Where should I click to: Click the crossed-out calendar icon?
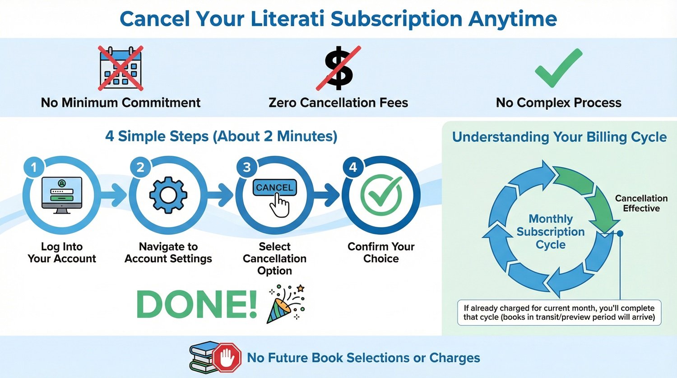(121, 68)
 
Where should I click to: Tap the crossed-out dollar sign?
(338, 68)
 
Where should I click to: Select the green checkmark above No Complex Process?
(558, 68)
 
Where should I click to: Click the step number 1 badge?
(33, 168)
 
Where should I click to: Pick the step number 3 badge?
(246, 168)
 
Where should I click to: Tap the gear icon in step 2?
(168, 195)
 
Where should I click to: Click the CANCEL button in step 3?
(274, 188)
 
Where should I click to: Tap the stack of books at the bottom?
(202, 358)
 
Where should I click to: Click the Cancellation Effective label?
(641, 203)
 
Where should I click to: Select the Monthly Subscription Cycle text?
(551, 232)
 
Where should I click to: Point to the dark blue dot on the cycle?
(620, 233)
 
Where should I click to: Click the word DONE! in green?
(196, 304)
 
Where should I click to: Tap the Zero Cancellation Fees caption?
(338, 103)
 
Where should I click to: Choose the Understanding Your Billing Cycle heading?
(559, 137)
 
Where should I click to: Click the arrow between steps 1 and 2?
(115, 195)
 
